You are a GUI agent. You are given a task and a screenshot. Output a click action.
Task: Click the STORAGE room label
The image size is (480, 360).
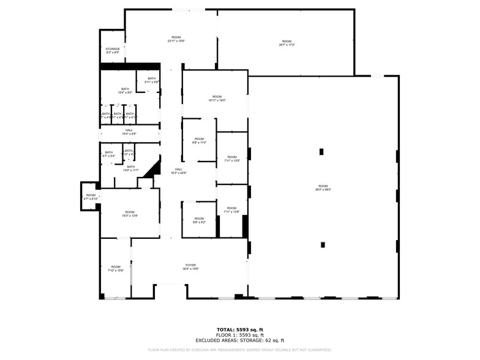click(x=113, y=51)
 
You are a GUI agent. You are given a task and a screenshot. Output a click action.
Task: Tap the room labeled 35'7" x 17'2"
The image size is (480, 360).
click(x=287, y=43)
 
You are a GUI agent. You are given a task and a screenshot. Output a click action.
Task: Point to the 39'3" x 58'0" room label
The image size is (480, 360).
click(x=323, y=188)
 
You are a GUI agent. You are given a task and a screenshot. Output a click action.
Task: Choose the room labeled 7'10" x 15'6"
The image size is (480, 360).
click(x=116, y=268)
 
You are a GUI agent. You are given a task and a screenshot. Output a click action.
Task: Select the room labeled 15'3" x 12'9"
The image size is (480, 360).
click(x=130, y=214)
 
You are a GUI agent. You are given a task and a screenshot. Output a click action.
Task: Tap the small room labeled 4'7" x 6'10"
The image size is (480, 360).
click(x=91, y=197)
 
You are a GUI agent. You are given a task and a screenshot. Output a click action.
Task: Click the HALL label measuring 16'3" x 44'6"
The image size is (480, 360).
click(x=179, y=171)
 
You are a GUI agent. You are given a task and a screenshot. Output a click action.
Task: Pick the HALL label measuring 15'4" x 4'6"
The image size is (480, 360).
click(x=129, y=132)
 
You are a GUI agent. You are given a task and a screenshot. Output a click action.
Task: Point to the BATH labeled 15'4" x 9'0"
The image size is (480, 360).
click(x=125, y=91)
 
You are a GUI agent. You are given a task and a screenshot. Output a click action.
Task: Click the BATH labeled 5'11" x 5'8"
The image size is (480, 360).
click(x=151, y=80)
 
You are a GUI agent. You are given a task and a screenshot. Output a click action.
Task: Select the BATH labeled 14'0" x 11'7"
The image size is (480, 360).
click(x=130, y=168)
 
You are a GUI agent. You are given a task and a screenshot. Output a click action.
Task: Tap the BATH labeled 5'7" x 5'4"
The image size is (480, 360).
click(x=109, y=154)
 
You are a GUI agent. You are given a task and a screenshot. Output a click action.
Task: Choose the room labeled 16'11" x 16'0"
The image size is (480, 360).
click(x=217, y=98)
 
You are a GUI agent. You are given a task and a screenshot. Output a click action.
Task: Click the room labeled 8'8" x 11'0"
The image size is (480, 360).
click(x=200, y=141)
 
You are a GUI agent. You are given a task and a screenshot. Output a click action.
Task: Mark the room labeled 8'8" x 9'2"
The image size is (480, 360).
click(x=200, y=220)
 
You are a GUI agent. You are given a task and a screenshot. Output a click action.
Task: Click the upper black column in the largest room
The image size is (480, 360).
click(x=321, y=152)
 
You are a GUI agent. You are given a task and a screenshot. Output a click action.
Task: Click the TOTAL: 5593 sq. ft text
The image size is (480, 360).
click(x=240, y=330)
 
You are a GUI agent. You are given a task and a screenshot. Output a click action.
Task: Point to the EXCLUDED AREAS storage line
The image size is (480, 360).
click(x=240, y=340)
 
